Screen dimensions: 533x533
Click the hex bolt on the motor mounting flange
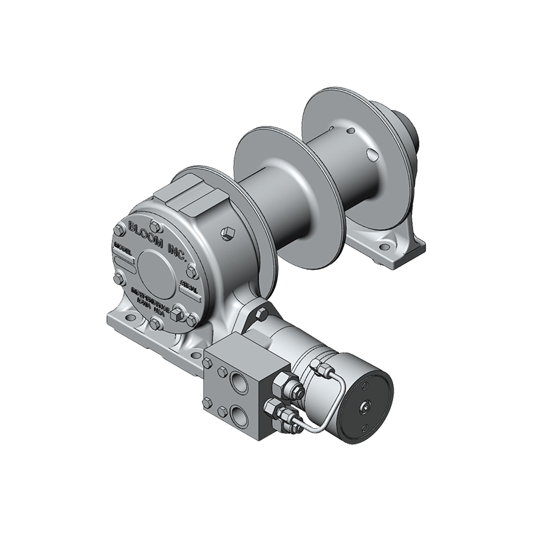261,312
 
